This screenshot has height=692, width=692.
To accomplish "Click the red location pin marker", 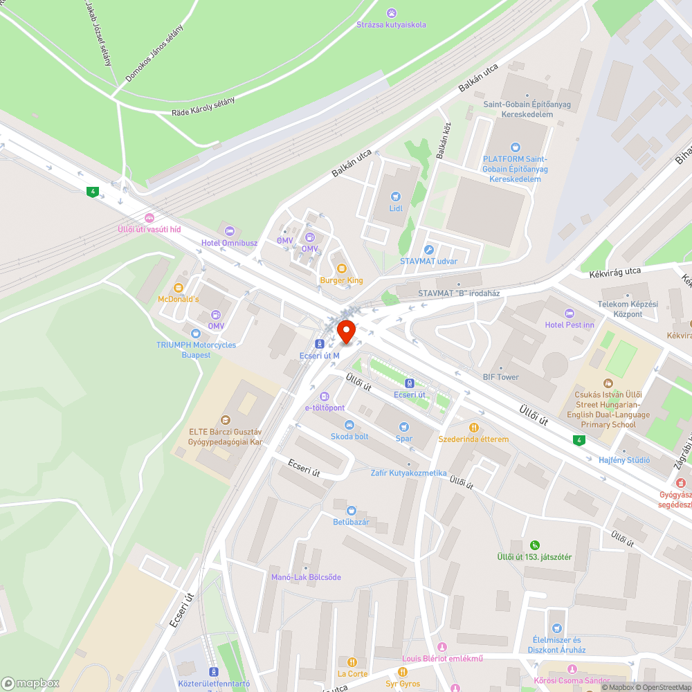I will point(345,331).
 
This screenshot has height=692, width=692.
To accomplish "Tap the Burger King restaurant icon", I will point(341,268).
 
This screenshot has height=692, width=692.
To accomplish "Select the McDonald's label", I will point(179,299).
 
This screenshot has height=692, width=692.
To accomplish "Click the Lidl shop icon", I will point(395,197).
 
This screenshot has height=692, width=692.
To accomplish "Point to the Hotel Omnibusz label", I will point(229,243).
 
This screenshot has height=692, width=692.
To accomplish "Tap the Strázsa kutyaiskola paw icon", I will point(392,12).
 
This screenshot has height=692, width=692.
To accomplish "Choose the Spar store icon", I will point(404,426).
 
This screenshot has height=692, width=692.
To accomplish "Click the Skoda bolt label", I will point(349,437).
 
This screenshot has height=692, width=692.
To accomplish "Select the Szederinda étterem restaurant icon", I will point(474,427).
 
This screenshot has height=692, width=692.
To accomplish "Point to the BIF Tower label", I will point(500,377).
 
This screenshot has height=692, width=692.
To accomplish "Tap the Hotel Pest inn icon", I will point(570,313).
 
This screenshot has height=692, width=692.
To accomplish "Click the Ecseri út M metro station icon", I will point(320,343).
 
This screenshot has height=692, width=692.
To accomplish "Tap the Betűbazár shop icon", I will point(352,510).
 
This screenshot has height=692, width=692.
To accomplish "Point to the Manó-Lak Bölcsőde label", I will point(306,577).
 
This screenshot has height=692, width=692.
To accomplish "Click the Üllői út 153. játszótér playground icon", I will point(534,545).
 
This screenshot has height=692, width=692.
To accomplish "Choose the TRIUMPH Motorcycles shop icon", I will point(196,334).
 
